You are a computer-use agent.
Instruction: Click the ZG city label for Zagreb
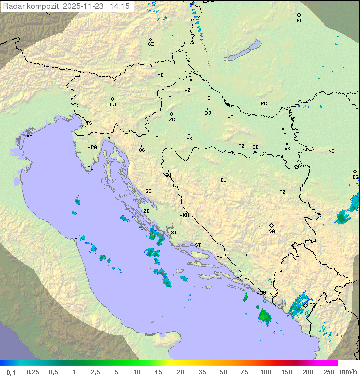click(172, 120)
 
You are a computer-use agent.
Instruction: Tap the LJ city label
click(113, 105)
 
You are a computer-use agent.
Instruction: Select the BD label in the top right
click(299, 21)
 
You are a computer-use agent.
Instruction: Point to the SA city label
click(272, 231)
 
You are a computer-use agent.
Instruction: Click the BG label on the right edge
click(355, 177)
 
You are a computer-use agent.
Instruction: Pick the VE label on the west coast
click(29, 136)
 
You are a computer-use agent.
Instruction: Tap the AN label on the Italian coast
click(77, 240)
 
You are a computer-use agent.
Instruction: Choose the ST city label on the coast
click(198, 245)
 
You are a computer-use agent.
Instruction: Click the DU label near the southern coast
click(263, 293)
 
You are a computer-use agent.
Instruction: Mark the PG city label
click(312, 305)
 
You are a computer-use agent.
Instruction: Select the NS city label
click(331, 151)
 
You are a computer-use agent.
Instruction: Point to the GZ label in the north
click(151, 44)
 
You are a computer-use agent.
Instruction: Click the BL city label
click(223, 180)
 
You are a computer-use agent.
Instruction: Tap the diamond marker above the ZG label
click(171, 114)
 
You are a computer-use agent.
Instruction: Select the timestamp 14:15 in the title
click(120, 6)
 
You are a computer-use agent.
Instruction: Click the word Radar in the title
click(13, 6)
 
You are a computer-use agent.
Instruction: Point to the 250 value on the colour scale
click(329, 372)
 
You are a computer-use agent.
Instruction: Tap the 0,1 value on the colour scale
click(11, 372)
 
